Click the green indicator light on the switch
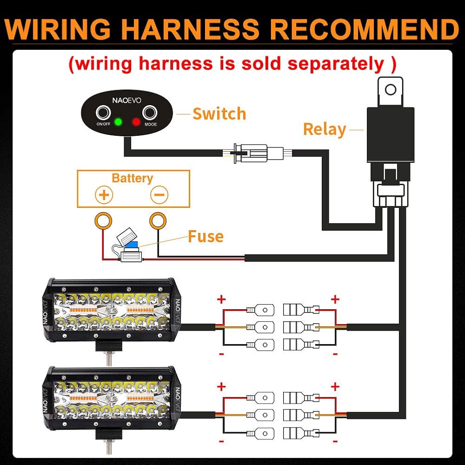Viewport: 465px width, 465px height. (x=118, y=121)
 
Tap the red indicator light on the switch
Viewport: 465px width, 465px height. (x=136, y=121)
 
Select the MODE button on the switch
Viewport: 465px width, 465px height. (x=150, y=113)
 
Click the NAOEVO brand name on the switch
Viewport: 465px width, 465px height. (x=126, y=100)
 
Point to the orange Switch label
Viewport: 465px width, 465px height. (x=219, y=113)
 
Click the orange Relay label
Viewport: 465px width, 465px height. (x=325, y=130)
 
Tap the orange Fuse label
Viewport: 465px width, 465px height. (x=206, y=236)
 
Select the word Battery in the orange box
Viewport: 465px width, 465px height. (x=132, y=178)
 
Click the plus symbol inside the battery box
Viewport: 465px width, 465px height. (x=104, y=195)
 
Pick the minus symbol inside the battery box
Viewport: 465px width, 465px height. (x=159, y=195)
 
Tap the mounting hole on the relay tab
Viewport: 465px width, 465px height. (x=391, y=89)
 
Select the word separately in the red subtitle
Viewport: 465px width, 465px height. (x=336, y=64)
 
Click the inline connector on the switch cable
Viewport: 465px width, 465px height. (x=258, y=153)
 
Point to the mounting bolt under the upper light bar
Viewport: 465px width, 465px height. (x=109, y=358)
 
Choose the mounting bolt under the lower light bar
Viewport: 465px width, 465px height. (x=109, y=446)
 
